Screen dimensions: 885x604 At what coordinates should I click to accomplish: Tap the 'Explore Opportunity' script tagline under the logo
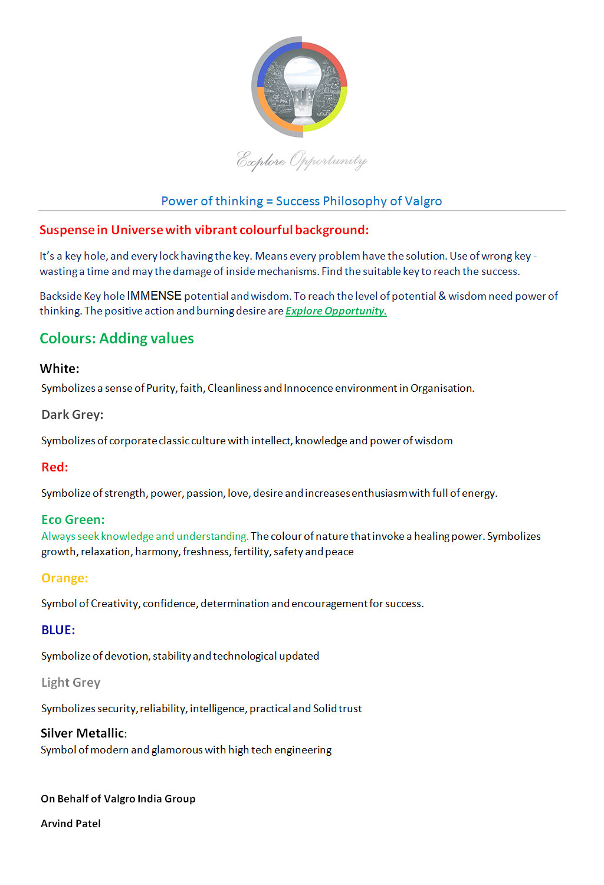pyautogui.click(x=301, y=160)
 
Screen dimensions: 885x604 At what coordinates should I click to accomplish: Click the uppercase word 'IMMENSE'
pyautogui.click(x=154, y=296)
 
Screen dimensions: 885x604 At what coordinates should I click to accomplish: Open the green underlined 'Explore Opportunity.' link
pyautogui.click(x=336, y=311)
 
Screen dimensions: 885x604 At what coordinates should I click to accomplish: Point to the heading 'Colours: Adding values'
pyautogui.click(x=117, y=339)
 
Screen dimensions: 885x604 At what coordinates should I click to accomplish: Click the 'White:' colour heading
pyautogui.click(x=60, y=369)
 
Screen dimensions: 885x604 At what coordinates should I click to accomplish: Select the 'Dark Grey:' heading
pyautogui.click(x=72, y=415)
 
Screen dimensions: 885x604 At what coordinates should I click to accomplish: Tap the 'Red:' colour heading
pyautogui.click(x=55, y=467)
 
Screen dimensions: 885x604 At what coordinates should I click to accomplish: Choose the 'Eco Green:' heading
pyautogui.click(x=73, y=520)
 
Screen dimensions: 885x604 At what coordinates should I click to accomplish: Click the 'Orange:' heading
pyautogui.click(x=64, y=578)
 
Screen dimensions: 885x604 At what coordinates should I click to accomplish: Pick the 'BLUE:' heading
pyautogui.click(x=58, y=630)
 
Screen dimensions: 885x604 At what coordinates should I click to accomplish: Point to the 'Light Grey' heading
pyautogui.click(x=71, y=683)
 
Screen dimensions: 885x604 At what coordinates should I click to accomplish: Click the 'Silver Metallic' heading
pyautogui.click(x=83, y=733)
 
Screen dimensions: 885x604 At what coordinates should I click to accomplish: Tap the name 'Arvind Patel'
pyautogui.click(x=71, y=824)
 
